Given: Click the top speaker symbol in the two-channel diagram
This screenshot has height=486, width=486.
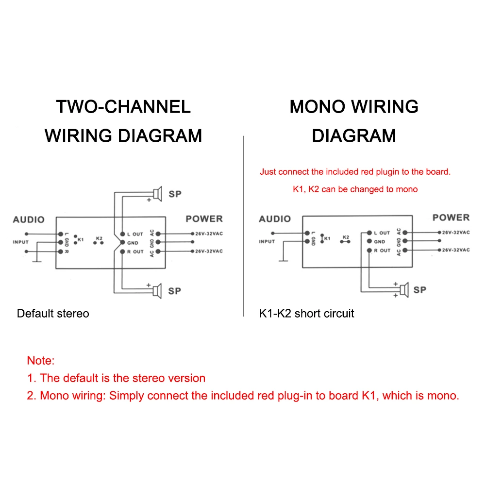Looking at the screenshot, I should [156, 194].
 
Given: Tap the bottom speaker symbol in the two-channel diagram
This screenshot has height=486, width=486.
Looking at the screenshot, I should [156, 291].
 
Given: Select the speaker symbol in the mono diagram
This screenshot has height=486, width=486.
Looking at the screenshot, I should [404, 290].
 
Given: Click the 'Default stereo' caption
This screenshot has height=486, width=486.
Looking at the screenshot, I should [53, 313].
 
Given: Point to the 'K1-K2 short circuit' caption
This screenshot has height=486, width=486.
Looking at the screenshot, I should [306, 313].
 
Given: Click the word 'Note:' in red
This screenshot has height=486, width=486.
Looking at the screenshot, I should [41, 360].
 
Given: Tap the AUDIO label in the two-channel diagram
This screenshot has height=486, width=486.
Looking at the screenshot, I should [29, 219].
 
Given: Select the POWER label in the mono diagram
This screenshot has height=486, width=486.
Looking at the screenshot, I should [451, 218].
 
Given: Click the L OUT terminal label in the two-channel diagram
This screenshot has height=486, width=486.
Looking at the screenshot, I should [135, 234].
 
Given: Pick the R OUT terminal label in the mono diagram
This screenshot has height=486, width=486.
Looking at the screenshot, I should [382, 251].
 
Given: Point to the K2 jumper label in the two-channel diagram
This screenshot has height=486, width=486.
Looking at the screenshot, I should [99, 238].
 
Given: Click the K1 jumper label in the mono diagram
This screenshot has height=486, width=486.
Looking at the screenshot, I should [327, 238].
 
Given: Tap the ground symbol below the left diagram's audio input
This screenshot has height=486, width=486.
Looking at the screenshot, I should [35, 262].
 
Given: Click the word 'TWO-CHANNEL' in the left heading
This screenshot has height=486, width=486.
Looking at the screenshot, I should [123, 107].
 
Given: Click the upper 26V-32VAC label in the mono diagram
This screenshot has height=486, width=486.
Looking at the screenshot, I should [456, 233].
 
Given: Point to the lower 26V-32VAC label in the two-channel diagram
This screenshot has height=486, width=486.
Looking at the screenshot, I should [209, 251].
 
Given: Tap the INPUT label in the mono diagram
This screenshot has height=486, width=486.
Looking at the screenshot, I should [267, 241].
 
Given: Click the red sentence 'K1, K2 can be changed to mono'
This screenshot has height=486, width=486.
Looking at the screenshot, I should [355, 189].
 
